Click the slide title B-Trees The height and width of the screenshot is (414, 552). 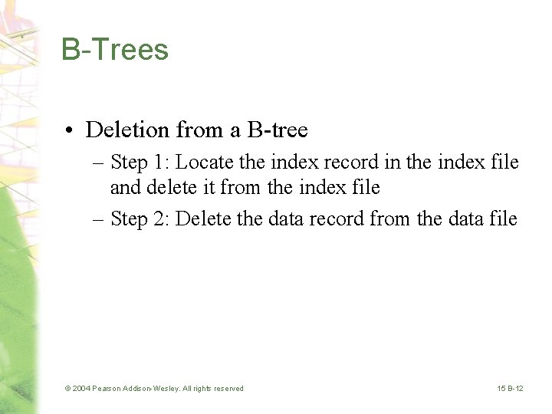click(x=115, y=50)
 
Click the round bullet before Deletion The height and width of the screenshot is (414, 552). click(x=69, y=131)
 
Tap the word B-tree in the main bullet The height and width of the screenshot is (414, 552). click(x=278, y=130)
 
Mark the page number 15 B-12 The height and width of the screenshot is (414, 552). click(x=510, y=389)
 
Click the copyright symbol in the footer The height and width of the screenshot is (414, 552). click(x=67, y=389)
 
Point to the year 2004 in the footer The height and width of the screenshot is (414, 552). click(x=81, y=389)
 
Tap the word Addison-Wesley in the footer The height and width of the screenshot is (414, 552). click(x=153, y=389)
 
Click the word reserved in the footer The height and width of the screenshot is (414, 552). click(x=227, y=389)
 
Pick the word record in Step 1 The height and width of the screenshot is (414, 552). click(x=353, y=163)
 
